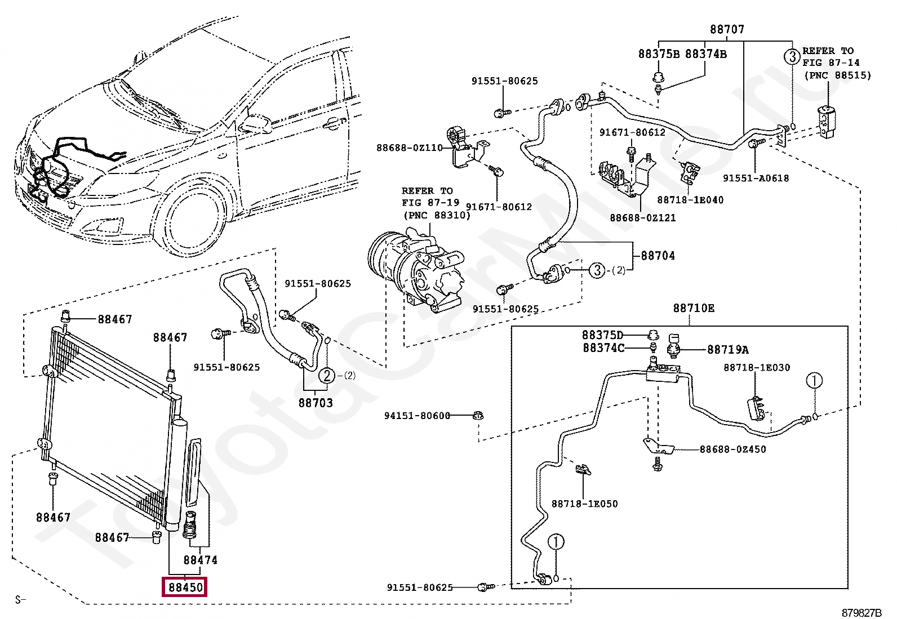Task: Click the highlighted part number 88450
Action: pyautogui.click(x=185, y=587)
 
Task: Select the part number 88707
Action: pyautogui.click(x=727, y=29)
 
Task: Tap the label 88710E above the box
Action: pyautogui.click(x=694, y=308)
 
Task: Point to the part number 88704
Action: pyautogui.click(x=658, y=256)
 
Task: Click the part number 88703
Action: pyautogui.click(x=316, y=403)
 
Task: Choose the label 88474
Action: pyautogui.click(x=200, y=560)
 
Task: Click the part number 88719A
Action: pyautogui.click(x=727, y=350)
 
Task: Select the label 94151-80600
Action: pyautogui.click(x=418, y=416)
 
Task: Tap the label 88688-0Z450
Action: pyautogui.click(x=733, y=449)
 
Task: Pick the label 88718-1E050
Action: pyautogui.click(x=585, y=504)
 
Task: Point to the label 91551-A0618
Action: pyautogui.click(x=756, y=178)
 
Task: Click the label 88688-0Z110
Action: pyautogui.click(x=409, y=148)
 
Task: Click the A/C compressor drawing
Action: pyautogui.click(x=416, y=271)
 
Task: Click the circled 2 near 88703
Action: pyautogui.click(x=327, y=376)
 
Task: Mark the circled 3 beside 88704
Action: pyautogui.click(x=597, y=270)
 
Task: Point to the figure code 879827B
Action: pyautogui.click(x=862, y=613)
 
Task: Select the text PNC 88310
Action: pyautogui.click(x=437, y=215)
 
